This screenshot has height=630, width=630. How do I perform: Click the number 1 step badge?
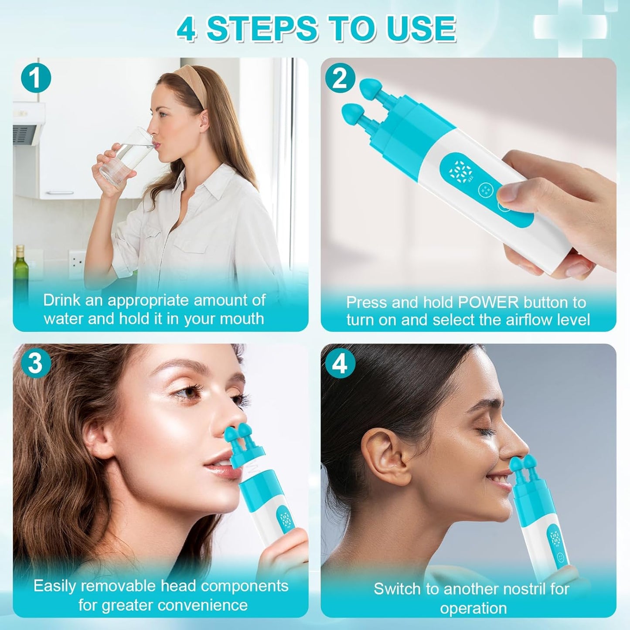[36, 79]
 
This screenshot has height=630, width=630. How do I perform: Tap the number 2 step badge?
[340, 78]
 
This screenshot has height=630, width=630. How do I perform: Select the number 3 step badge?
[36, 363]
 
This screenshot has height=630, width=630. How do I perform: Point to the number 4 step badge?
[340, 363]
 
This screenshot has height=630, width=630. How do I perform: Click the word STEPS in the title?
[262, 29]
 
